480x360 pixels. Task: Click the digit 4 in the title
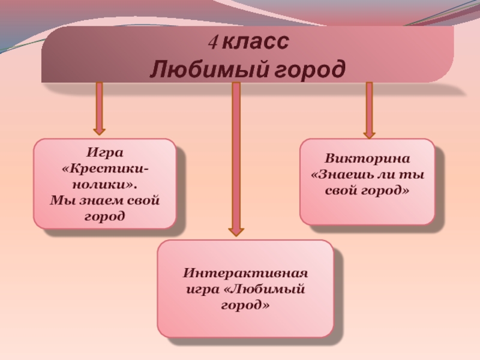coord(212,43)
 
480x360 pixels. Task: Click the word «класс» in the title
coord(255,43)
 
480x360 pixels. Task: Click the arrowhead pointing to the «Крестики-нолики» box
coord(99,128)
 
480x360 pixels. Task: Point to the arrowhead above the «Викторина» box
coord(369,134)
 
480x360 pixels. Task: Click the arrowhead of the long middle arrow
coord(236,229)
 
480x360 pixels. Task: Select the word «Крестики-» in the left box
coord(106,165)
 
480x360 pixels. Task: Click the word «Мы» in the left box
coord(61,199)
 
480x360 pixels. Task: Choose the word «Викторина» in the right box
coord(367,160)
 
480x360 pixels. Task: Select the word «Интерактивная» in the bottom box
coord(245,274)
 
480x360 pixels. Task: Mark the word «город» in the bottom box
coord(245,305)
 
